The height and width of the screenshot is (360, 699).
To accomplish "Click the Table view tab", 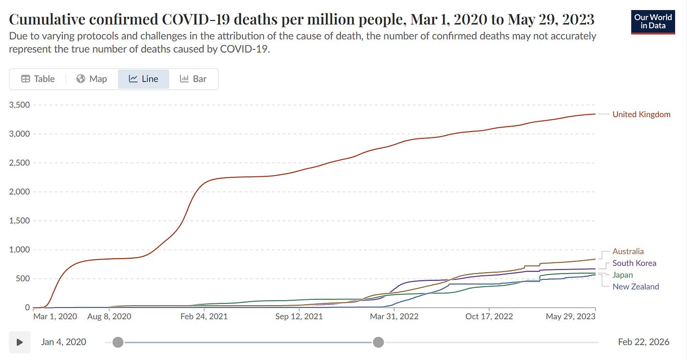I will point(38,79).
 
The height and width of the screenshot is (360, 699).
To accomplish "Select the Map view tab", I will point(92,79).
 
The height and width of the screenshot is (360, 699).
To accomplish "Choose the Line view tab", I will point(144,79).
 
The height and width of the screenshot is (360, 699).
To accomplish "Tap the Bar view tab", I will point(193,79).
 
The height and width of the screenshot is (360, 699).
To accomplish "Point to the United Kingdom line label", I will point(641,114).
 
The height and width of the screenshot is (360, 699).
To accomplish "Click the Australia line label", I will point(628,252).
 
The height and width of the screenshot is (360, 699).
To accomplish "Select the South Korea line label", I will point(634,263).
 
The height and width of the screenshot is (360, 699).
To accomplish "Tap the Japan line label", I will point(623,275).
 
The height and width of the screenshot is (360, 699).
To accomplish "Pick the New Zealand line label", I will point(636,287).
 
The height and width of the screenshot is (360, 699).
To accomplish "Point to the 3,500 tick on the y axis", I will point(19,105).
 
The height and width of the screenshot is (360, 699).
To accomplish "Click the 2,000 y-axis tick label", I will point(19,192).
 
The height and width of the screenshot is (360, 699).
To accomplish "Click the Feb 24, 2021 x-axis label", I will point(205,317).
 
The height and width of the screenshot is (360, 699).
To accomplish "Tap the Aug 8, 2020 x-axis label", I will point(109,317).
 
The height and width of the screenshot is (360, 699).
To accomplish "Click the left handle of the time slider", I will point(118,342).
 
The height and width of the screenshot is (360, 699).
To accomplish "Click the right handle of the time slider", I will point(378,342).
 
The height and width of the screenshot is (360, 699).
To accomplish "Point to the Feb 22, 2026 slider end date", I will point(644,342).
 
